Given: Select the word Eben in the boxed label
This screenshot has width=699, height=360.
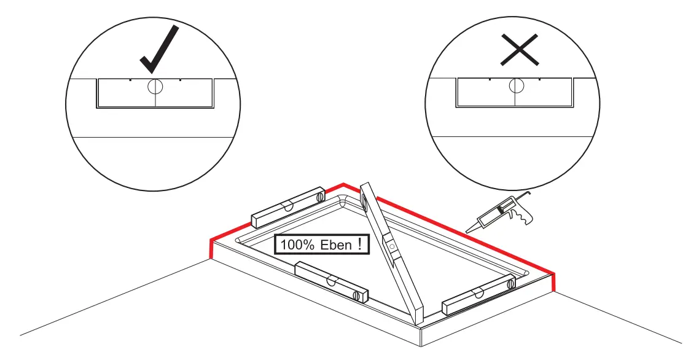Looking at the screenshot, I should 335,245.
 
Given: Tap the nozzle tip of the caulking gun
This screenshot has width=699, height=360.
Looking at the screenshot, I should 467,231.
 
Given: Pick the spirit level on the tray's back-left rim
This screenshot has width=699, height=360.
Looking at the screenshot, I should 287,205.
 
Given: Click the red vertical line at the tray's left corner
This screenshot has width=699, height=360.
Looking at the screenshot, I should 211,249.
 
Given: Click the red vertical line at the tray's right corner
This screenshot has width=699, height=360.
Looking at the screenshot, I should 554,283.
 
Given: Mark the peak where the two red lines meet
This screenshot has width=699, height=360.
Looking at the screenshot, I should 343,184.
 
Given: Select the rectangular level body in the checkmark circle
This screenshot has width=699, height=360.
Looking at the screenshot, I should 155,93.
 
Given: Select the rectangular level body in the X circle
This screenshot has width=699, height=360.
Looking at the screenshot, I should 516,93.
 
